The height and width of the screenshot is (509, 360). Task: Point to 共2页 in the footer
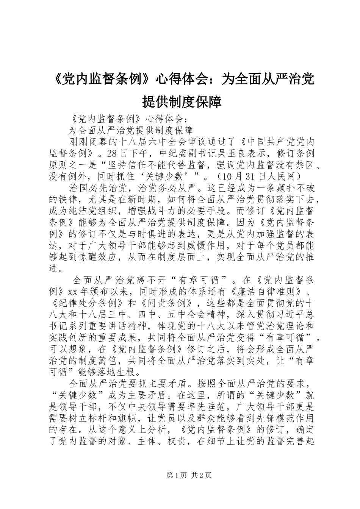coord(202,475)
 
